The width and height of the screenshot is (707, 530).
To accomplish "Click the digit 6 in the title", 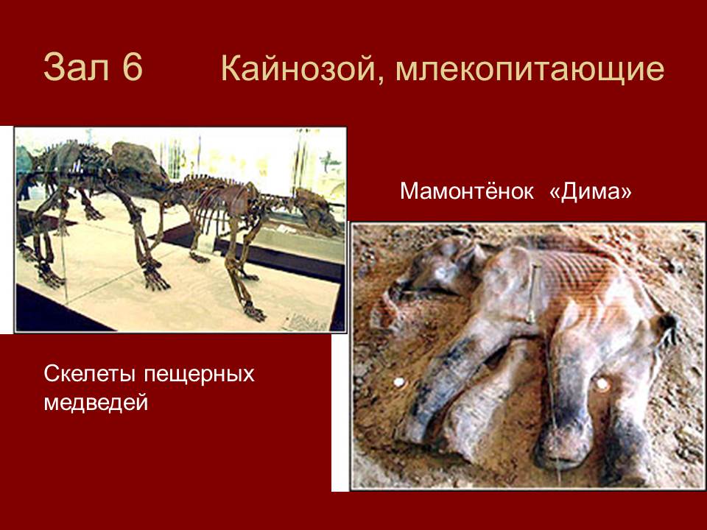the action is tap(132, 67).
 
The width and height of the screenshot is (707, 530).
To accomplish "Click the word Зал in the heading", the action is tap(77, 67).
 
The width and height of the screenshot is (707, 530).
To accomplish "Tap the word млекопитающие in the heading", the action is tap(530, 71).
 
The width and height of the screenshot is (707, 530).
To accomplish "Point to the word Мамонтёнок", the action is tap(467, 191).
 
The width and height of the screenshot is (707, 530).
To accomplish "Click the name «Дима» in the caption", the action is tap(591, 191).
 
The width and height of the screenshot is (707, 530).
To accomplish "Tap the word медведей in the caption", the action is tap(96, 403).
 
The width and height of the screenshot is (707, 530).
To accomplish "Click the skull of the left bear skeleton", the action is tap(140, 164).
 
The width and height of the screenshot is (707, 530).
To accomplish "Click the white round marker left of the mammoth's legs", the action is tap(398, 383).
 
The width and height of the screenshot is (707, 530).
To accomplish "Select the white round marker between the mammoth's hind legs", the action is tap(602, 384).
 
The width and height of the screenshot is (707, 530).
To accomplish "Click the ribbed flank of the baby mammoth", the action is tap(582, 280).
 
